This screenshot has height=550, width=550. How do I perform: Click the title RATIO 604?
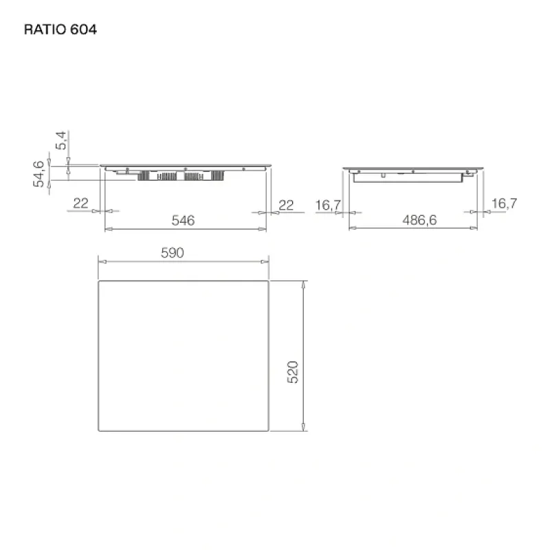[x=60, y=30]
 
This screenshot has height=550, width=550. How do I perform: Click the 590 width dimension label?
[x=173, y=253]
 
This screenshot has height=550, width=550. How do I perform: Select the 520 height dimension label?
[x=293, y=372]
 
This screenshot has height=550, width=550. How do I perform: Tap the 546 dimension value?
[x=183, y=220]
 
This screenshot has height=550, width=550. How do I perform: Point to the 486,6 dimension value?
[x=419, y=220]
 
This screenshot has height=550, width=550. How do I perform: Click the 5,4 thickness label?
[x=61, y=140]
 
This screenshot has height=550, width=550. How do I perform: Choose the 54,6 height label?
[x=38, y=174]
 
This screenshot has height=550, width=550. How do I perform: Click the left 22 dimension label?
[x=80, y=203]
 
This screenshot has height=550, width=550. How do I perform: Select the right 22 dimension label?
[x=286, y=205]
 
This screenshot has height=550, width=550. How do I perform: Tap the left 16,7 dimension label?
[x=328, y=205]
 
